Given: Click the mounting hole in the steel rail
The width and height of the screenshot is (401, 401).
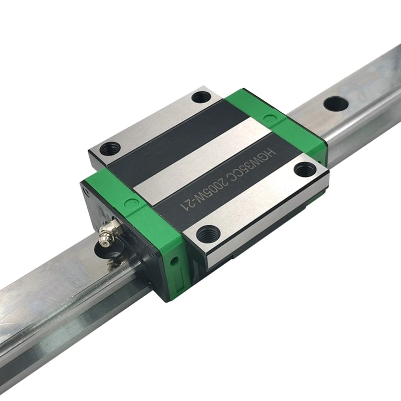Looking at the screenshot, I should point(335,103).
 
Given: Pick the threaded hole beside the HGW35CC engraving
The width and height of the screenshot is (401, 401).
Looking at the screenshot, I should point(304,170).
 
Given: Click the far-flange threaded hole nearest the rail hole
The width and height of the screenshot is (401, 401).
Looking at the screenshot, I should point(202,96).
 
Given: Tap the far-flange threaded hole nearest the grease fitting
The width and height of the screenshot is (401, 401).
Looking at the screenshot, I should point(110,148).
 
